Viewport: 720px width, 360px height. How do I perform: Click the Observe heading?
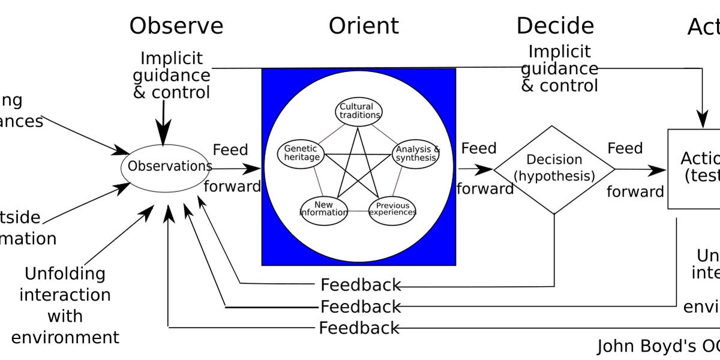176,26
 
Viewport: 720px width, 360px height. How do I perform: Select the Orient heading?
363,26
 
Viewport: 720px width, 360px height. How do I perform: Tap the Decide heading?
555,26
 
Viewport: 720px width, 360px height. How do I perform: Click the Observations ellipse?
166,166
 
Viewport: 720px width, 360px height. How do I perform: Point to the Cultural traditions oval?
359,111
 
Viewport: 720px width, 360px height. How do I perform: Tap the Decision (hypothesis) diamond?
554,169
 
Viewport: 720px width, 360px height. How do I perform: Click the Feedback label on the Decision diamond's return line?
361,285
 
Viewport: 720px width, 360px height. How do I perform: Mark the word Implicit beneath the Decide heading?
559,52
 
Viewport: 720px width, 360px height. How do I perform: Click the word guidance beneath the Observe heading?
172,76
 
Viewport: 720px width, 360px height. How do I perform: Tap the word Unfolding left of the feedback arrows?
65,274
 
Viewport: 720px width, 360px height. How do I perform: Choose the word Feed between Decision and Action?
625,148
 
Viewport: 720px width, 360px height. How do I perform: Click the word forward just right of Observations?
232,187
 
